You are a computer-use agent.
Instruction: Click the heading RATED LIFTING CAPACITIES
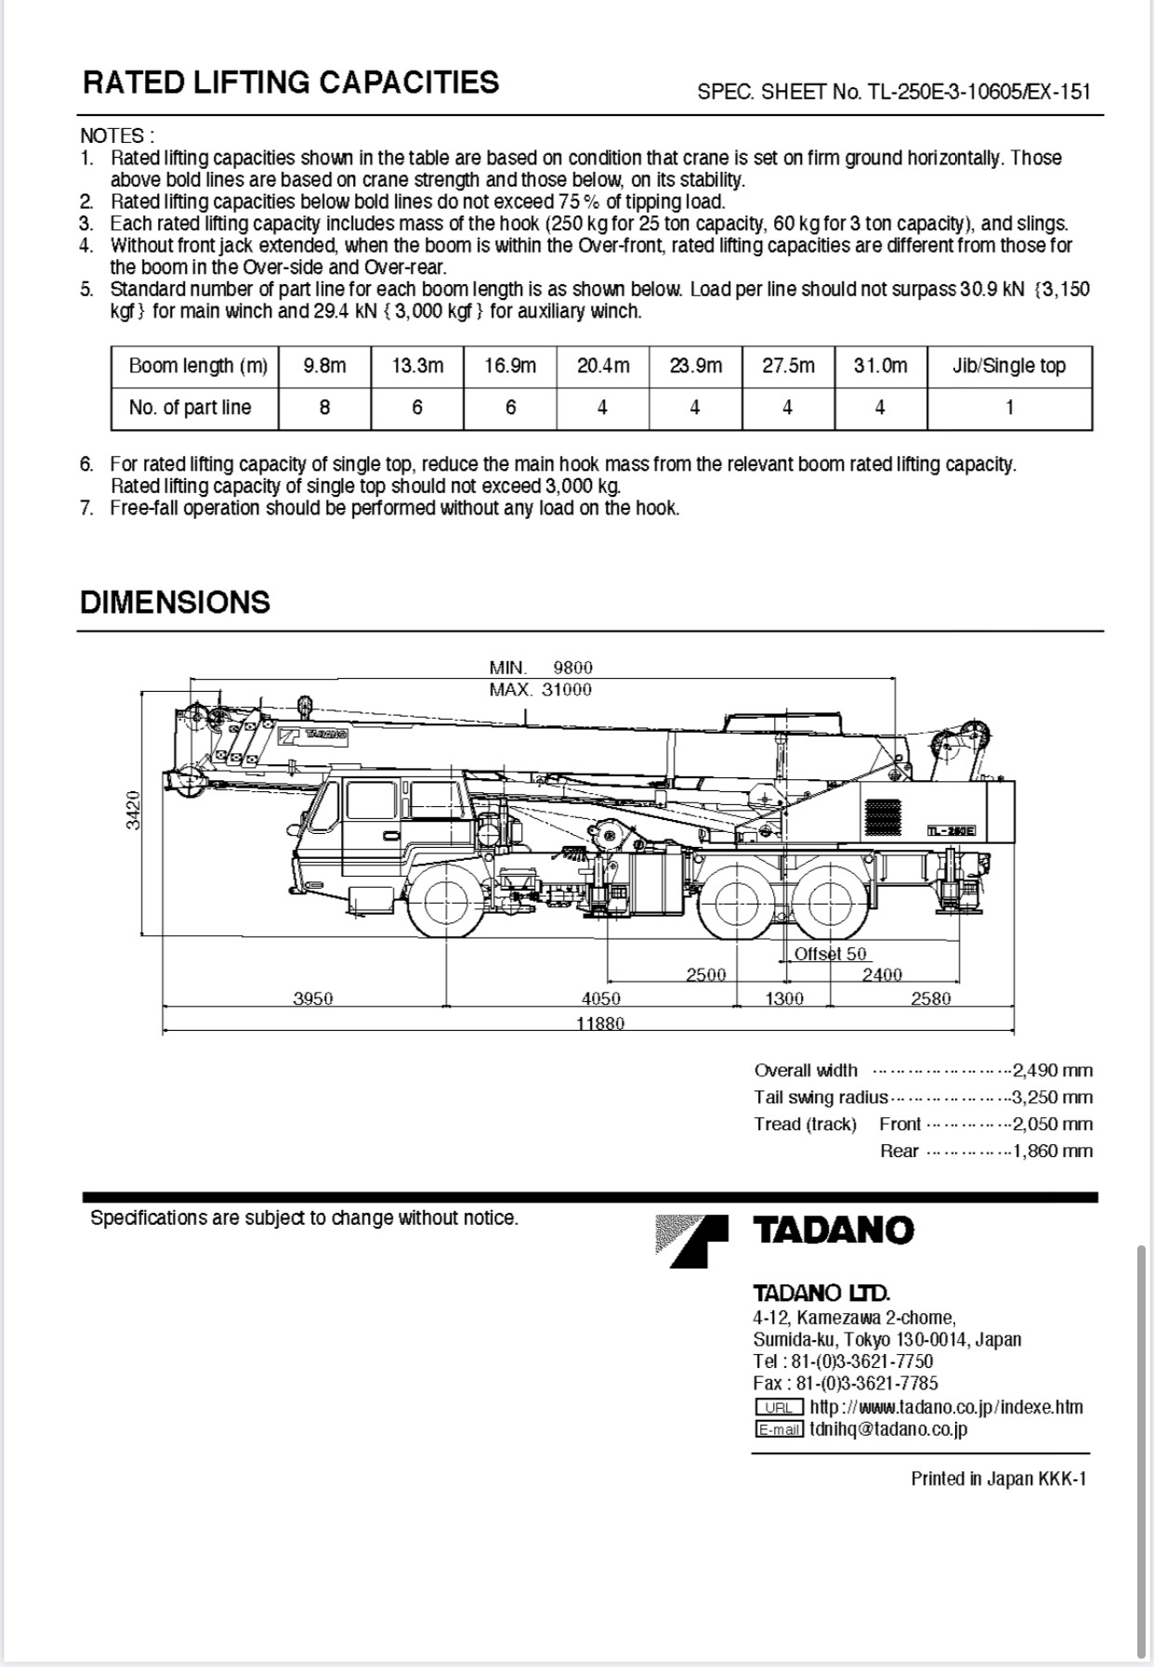pyautogui.click(x=291, y=83)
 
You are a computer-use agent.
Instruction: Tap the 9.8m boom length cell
pyautogui.click(x=324, y=366)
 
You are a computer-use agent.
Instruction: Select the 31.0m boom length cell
pyautogui.click(x=880, y=366)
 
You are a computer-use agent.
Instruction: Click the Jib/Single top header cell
pyautogui.click(x=1009, y=366)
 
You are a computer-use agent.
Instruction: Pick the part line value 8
pyautogui.click(x=324, y=408)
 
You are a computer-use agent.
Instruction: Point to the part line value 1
pyautogui.click(x=1009, y=408)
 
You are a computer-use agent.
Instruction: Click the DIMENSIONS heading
pyautogui.click(x=175, y=602)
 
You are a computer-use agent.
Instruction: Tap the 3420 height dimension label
pyautogui.click(x=134, y=810)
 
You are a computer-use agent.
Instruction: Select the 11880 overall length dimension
pyautogui.click(x=600, y=1023)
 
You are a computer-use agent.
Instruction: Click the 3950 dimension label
pyautogui.click(x=313, y=998)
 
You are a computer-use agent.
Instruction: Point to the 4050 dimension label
pyautogui.click(x=600, y=998)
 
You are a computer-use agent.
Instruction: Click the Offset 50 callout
pyautogui.click(x=830, y=954)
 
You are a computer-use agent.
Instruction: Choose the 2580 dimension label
pyautogui.click(x=930, y=998)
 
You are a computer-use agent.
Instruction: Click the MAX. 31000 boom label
pyautogui.click(x=540, y=690)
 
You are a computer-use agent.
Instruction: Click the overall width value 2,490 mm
pyautogui.click(x=1053, y=1071)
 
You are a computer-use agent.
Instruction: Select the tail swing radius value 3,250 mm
pyautogui.click(x=1053, y=1098)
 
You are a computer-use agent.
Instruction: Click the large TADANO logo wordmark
pyautogui.click(x=833, y=1231)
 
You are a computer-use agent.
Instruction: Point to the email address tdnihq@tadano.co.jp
pyautogui.click(x=888, y=1429)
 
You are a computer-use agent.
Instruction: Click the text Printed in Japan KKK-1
pyautogui.click(x=998, y=1478)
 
